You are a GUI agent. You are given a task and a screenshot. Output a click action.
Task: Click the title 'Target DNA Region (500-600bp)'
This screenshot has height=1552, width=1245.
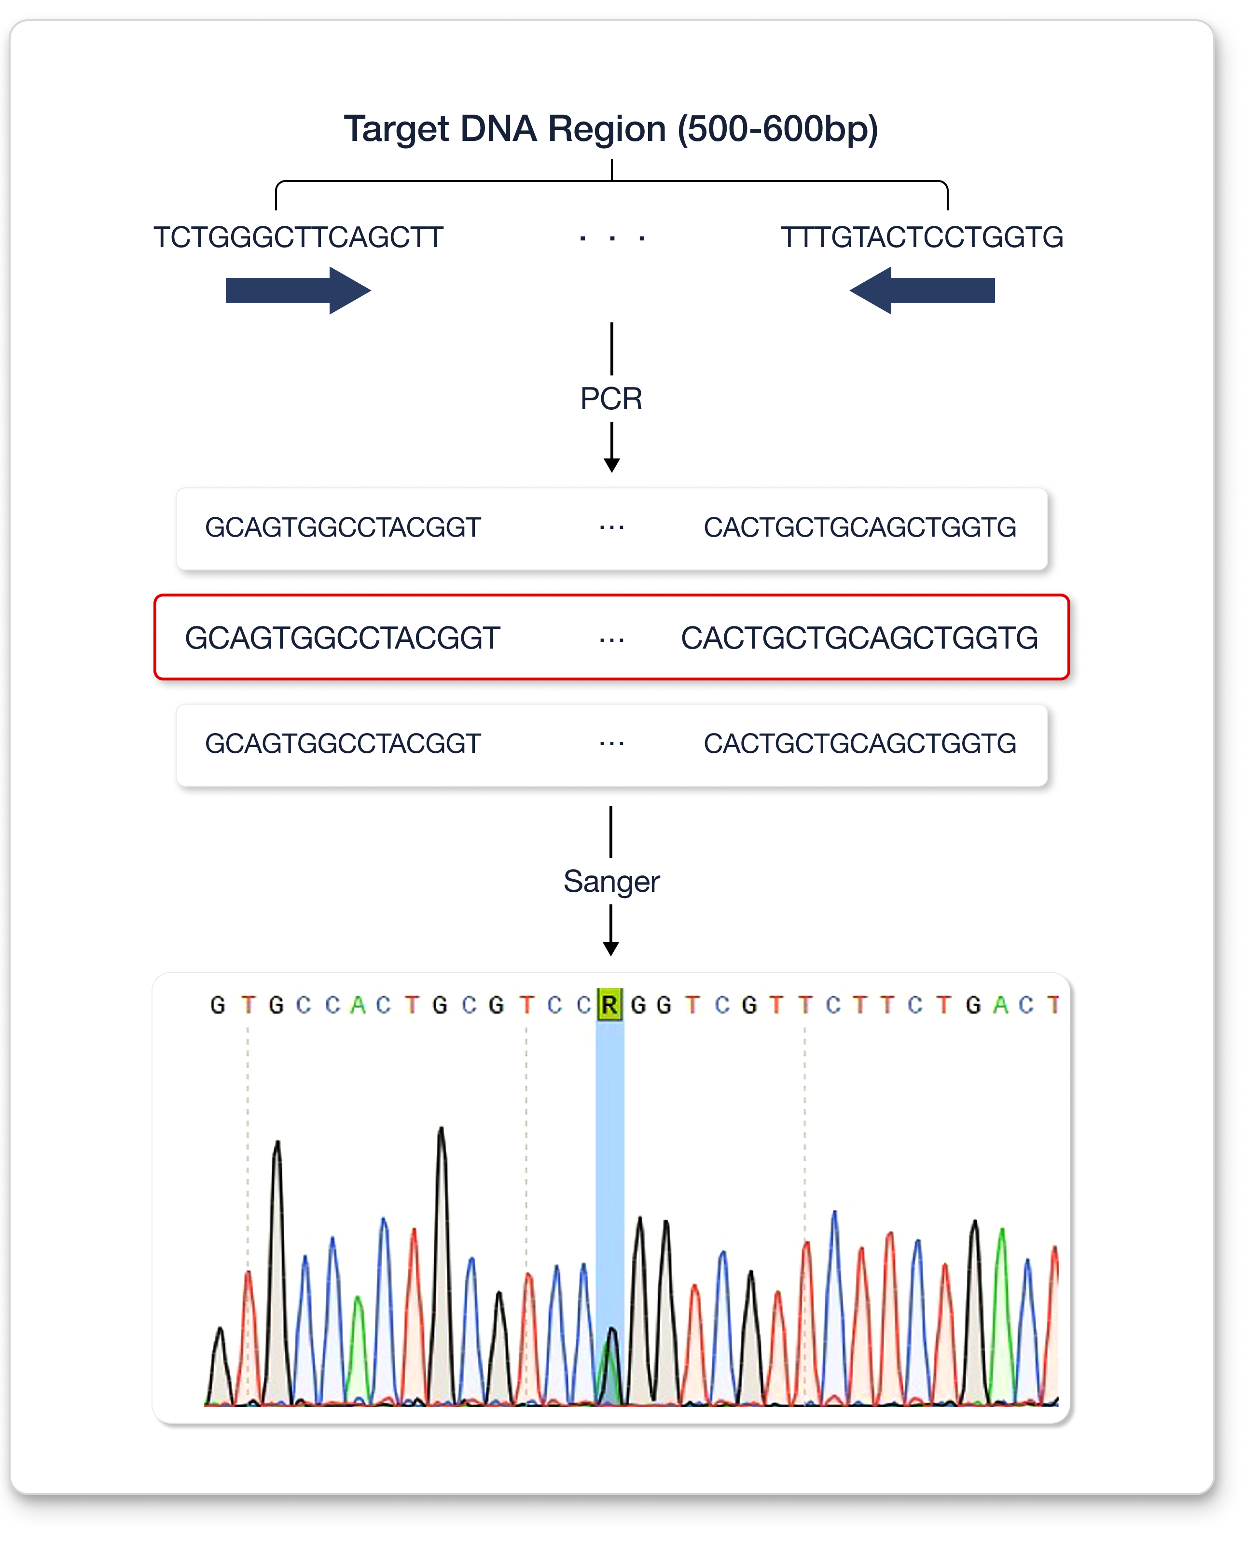pyautogui.click(x=610, y=129)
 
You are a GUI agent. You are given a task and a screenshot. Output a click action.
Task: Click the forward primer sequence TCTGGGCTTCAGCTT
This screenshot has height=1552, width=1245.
pyautogui.click(x=298, y=237)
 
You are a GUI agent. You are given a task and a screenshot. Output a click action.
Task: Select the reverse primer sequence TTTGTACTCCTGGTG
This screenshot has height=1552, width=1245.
pyautogui.click(x=921, y=237)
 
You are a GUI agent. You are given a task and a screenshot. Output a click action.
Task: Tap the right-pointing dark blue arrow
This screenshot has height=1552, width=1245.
pyautogui.click(x=298, y=290)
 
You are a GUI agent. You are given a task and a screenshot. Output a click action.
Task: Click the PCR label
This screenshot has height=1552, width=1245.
pyautogui.click(x=611, y=399)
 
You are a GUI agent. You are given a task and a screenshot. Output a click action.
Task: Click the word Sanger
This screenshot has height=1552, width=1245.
pyautogui.click(x=611, y=881)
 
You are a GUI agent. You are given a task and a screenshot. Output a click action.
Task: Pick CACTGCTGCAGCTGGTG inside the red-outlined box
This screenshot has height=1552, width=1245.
pyautogui.click(x=859, y=638)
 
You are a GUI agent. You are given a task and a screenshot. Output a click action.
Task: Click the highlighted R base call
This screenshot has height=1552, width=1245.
pyautogui.click(x=609, y=1004)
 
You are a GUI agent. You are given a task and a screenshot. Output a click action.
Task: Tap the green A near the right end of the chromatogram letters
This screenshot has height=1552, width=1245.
pyautogui.click(x=999, y=1004)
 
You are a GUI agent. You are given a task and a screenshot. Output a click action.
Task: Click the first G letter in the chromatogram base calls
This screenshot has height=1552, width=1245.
pyautogui.click(x=217, y=1004)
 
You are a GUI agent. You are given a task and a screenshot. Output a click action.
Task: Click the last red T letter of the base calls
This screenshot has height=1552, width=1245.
pyautogui.click(x=1053, y=1004)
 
